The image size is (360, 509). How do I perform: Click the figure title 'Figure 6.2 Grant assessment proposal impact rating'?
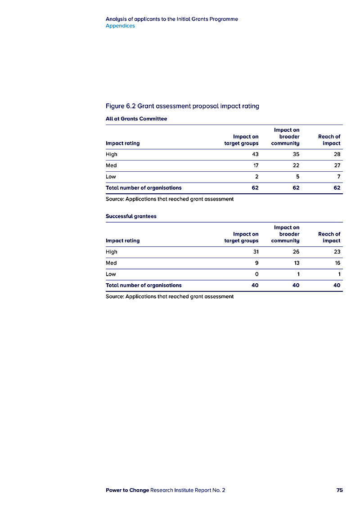coord(182,106)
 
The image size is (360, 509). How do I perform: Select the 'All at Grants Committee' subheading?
coord(136,119)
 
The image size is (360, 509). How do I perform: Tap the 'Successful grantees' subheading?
coord(131,216)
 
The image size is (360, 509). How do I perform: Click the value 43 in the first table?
coord(255,154)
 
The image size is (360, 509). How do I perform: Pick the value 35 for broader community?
coord(296,154)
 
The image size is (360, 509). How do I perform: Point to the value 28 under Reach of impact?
coord(337,154)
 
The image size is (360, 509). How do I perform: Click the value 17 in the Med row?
coord(256,165)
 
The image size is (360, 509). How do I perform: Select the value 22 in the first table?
coord(296,165)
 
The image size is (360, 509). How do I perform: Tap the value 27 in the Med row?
coord(337,165)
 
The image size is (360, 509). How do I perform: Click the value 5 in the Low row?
coord(297,177)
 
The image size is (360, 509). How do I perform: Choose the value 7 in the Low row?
coord(338,177)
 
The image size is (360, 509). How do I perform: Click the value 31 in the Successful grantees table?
coord(256,252)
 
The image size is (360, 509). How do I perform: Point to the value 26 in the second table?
coord(296,252)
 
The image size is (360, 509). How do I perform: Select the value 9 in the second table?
coord(256,263)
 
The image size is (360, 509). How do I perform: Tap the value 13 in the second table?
coord(296,263)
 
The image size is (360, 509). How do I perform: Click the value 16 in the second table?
coord(337,263)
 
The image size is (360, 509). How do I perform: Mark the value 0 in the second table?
coord(256,274)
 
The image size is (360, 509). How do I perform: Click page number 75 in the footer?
coord(339,490)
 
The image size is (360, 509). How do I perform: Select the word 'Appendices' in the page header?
coord(120,26)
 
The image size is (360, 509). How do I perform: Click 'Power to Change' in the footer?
coord(127,490)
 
